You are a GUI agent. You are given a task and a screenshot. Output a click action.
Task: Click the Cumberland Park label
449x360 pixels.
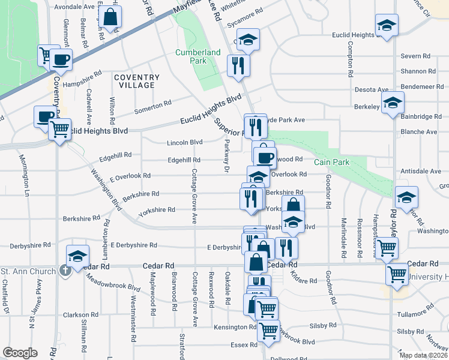click(x=198, y=56)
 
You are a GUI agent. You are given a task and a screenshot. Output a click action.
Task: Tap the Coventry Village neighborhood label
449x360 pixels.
click(x=137, y=81)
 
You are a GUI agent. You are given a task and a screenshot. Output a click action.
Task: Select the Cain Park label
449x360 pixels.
click(x=330, y=162)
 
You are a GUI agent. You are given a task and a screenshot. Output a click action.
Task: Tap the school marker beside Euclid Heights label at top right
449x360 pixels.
click(x=387, y=26)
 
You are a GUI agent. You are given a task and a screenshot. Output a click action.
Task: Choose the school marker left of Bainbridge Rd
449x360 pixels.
click(x=393, y=102)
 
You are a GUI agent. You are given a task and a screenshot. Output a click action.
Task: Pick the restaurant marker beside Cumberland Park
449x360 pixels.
click(x=238, y=65)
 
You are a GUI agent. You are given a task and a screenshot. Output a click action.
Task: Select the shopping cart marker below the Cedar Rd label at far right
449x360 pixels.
click(x=397, y=274)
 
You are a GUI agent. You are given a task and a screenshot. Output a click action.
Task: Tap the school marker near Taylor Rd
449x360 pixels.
click(x=407, y=197)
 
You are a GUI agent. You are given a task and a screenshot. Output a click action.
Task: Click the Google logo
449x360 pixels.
click(x=20, y=353)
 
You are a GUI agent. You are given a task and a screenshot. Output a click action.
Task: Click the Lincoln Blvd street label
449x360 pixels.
click(x=184, y=142)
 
